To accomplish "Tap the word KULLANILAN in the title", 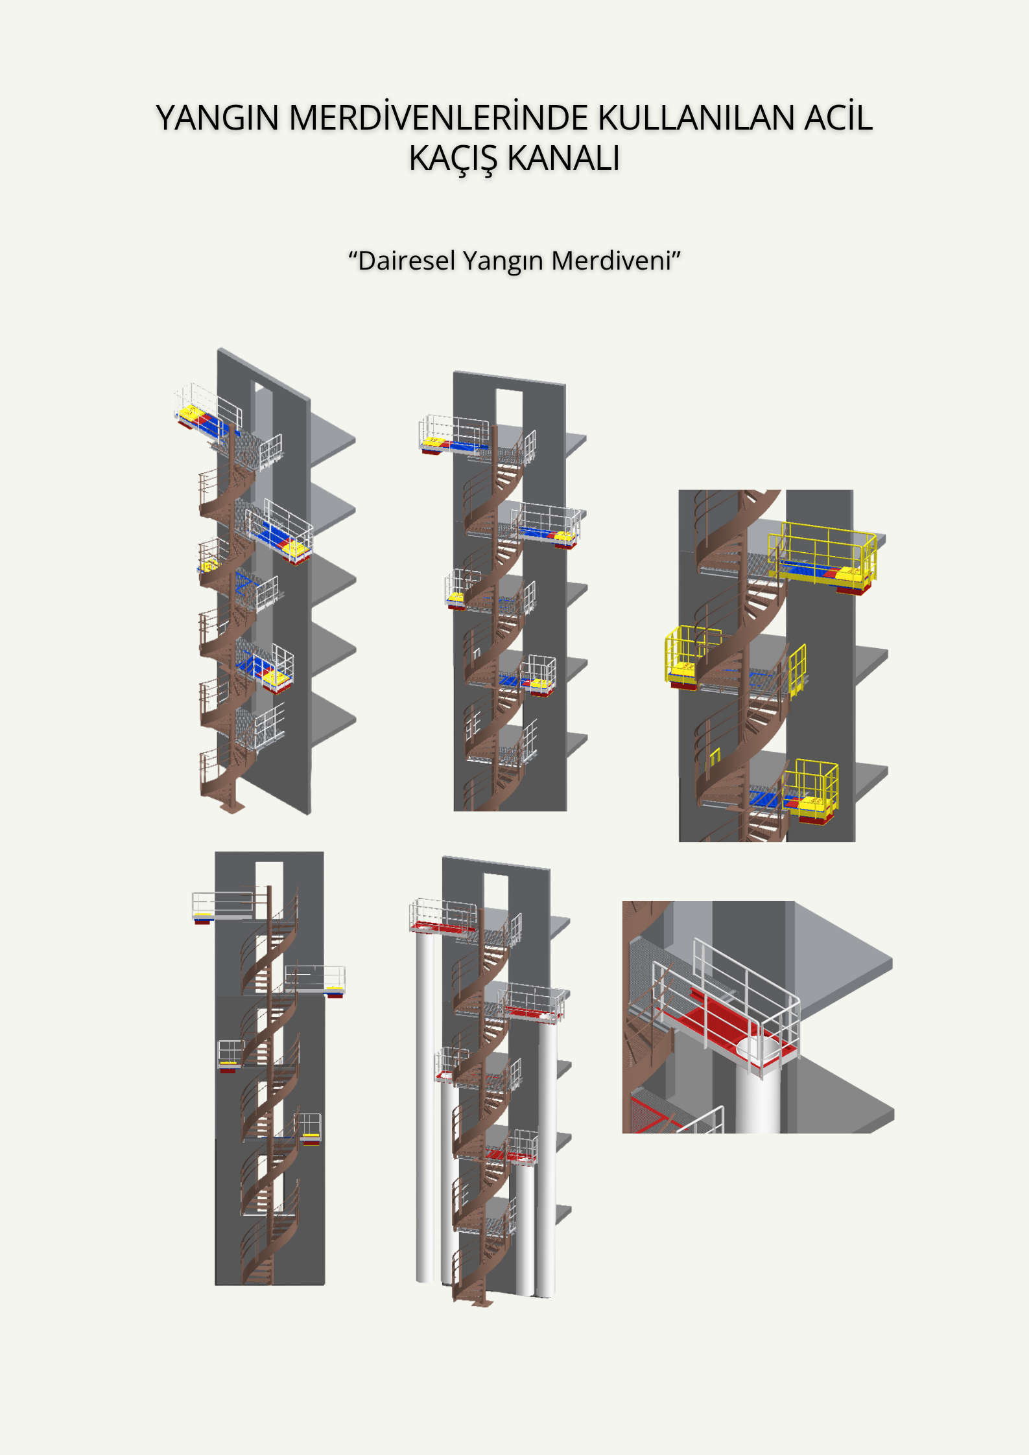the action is tap(696, 118).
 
